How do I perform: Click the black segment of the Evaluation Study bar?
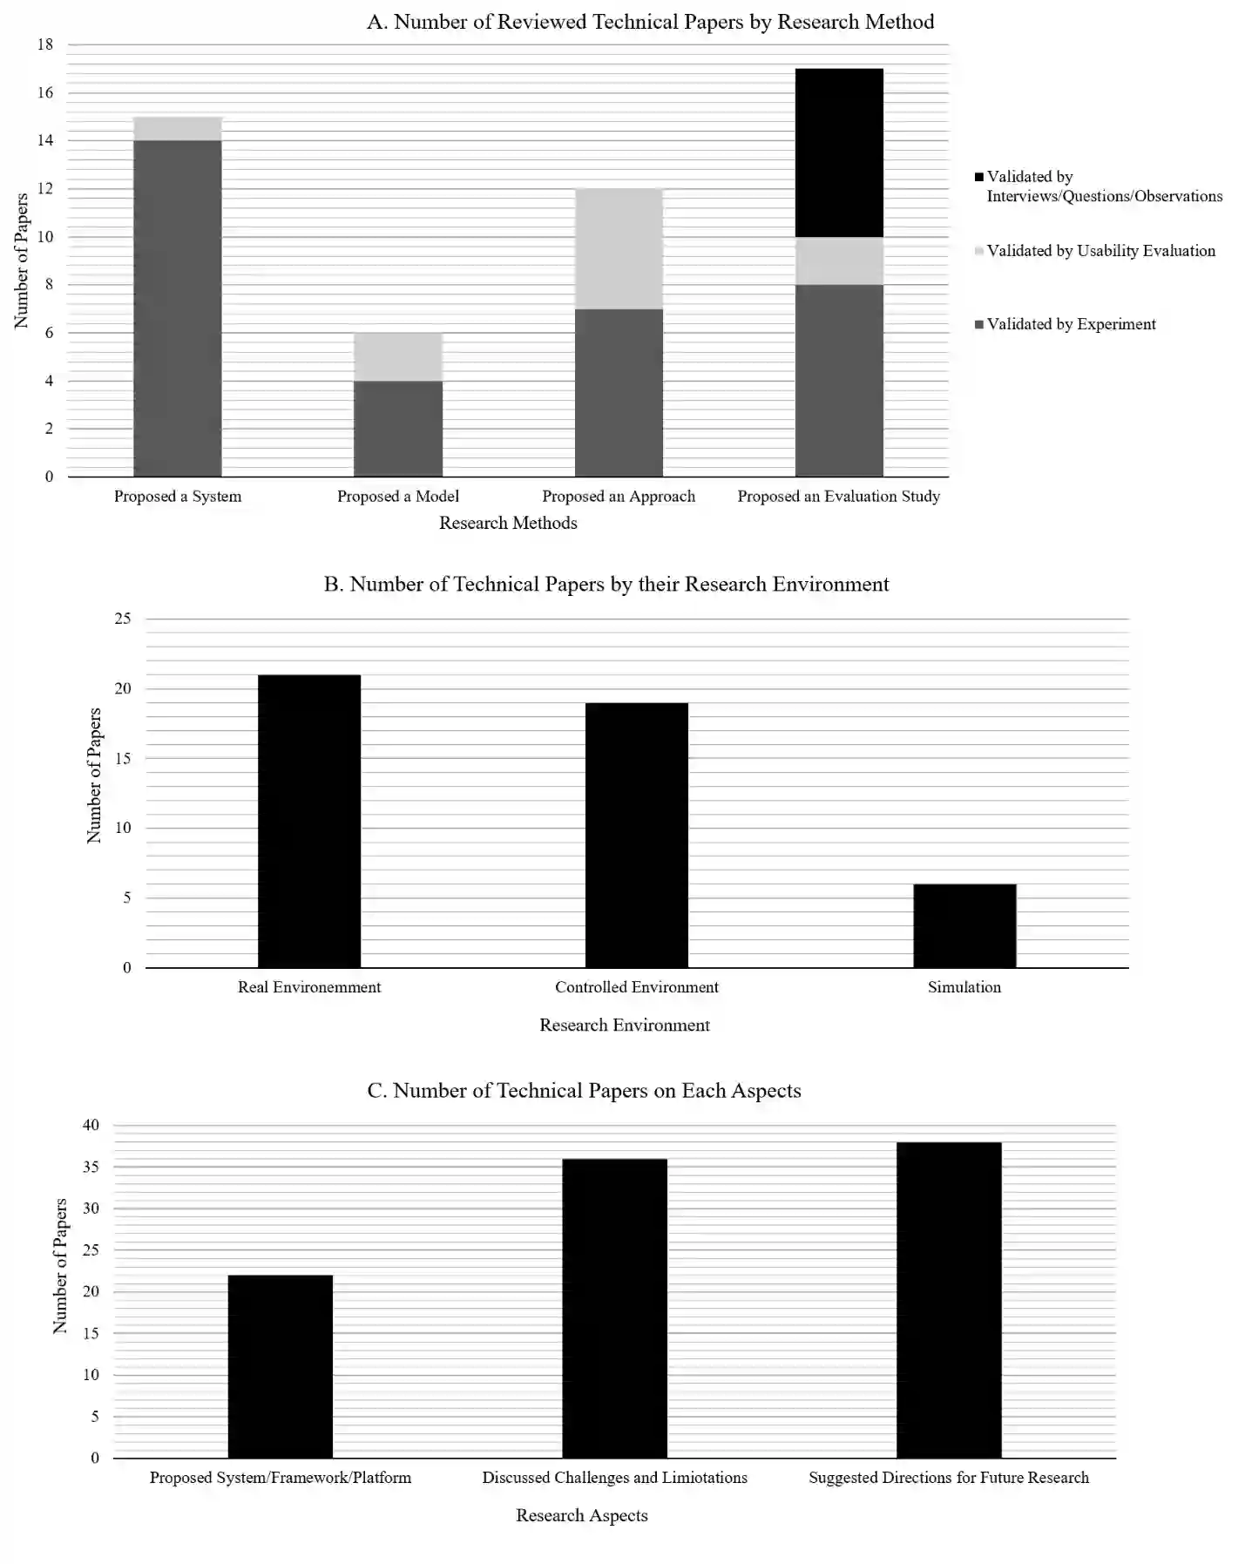838,152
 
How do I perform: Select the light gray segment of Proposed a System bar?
177,128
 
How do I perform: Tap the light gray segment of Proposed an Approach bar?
618,248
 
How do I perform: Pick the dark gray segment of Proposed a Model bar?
397,428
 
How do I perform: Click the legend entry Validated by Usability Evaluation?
1100,251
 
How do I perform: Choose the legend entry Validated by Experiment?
1071,324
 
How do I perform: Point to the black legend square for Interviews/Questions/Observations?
979,177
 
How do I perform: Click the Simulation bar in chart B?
964,925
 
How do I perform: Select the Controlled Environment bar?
636,835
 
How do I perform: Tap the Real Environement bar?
308,821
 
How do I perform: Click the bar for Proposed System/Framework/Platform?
280,1366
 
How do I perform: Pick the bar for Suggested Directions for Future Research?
948,1300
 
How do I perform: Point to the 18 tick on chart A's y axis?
44,44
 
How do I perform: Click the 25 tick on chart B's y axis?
123,619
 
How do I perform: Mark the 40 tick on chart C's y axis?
91,1125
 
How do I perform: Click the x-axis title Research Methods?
508,523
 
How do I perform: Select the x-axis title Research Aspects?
581,1515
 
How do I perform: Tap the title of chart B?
606,584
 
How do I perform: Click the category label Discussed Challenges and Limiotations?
614,1477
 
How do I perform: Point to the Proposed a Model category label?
397,496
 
